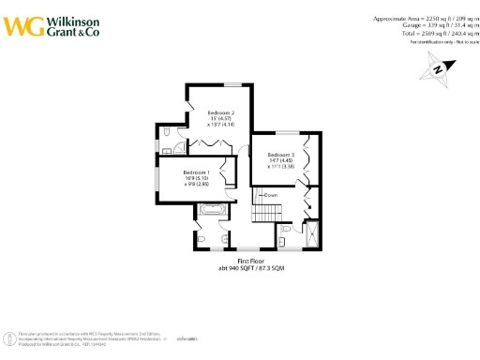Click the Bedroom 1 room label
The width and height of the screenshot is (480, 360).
[196, 172]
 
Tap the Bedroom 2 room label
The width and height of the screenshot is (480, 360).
[221, 112]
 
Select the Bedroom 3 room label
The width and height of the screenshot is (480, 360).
[281, 154]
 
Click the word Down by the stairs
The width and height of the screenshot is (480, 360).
[271, 195]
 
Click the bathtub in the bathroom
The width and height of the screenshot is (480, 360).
[211, 214]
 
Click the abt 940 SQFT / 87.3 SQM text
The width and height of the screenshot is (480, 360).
[251, 268]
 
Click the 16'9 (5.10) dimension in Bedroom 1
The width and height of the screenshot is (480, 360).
[196, 179]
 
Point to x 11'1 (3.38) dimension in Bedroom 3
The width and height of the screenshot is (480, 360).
[281, 167]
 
